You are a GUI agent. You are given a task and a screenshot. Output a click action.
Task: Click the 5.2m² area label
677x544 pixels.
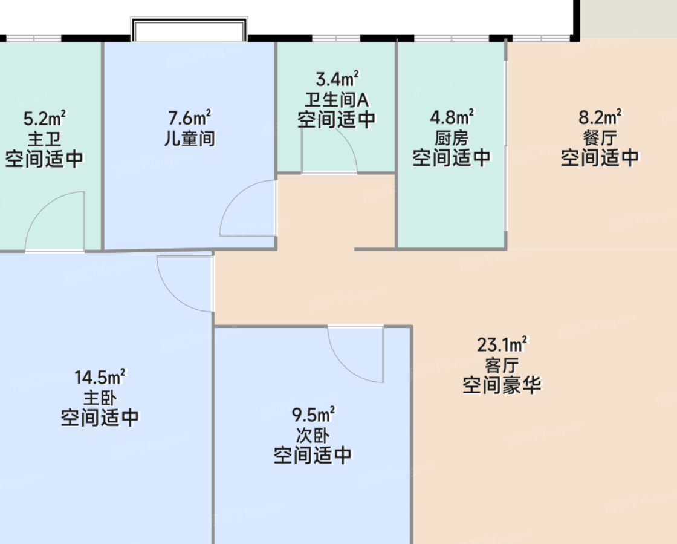[x=45, y=118]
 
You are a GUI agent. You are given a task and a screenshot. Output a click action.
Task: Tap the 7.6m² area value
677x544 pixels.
[x=190, y=117]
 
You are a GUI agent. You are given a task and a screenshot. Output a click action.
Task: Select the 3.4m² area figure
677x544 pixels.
[x=337, y=79]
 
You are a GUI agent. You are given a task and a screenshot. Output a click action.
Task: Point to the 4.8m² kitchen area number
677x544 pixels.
[x=452, y=117]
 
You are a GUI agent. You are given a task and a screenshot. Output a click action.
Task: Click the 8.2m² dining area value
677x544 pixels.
[x=600, y=117]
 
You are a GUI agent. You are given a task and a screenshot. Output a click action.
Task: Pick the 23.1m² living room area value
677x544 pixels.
[x=502, y=344]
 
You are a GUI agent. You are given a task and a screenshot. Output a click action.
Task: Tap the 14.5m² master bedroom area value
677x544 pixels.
[x=100, y=377]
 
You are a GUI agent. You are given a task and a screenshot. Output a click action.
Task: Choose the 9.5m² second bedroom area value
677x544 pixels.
[x=313, y=415]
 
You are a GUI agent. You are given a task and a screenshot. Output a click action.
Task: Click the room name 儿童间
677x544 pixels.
[x=190, y=139]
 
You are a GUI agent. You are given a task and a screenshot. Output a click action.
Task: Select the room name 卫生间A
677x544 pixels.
[x=337, y=100]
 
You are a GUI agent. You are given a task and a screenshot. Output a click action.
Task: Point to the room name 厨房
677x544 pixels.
[x=452, y=138]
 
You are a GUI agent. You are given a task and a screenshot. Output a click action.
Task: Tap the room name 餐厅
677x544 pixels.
[x=600, y=138]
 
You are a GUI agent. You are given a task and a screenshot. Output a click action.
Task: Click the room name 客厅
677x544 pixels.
[x=502, y=365]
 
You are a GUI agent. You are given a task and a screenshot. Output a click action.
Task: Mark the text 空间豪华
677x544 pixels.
[x=502, y=385]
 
